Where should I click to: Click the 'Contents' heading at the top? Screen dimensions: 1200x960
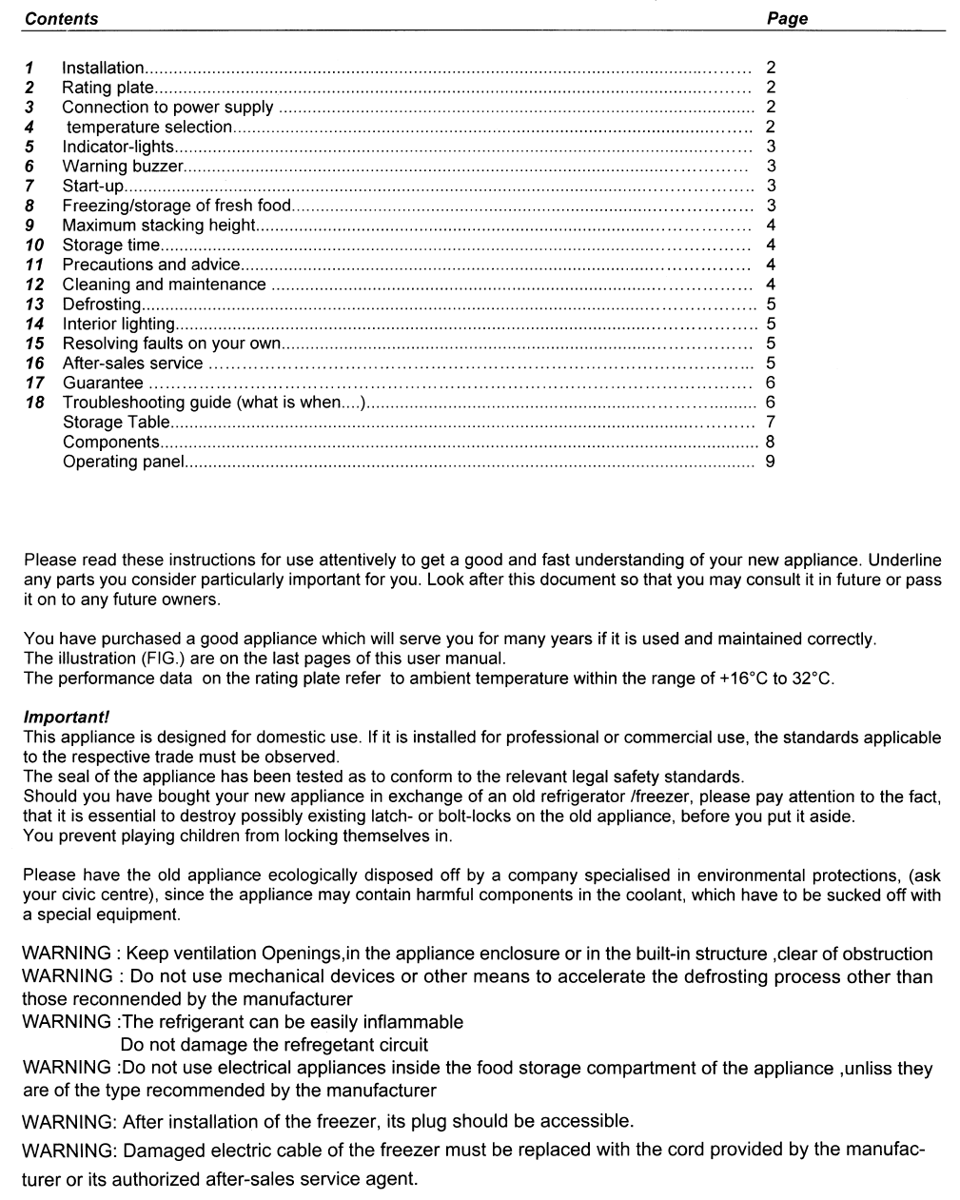(61, 19)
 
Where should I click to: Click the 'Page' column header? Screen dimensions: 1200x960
(787, 19)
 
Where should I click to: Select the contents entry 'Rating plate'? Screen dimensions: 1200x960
(108, 88)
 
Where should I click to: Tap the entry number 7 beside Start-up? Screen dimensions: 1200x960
(30, 186)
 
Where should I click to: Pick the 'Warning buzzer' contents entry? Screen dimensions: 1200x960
(122, 167)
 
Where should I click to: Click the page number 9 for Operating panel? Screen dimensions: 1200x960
(770, 462)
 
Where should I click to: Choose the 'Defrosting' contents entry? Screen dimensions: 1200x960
(101, 305)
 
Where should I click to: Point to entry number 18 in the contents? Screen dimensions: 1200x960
(34, 403)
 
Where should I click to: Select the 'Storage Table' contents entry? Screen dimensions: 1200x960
(116, 423)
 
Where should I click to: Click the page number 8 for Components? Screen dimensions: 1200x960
(770, 442)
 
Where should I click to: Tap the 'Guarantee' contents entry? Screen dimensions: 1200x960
(103, 384)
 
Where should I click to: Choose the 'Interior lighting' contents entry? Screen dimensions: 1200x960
(118, 325)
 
